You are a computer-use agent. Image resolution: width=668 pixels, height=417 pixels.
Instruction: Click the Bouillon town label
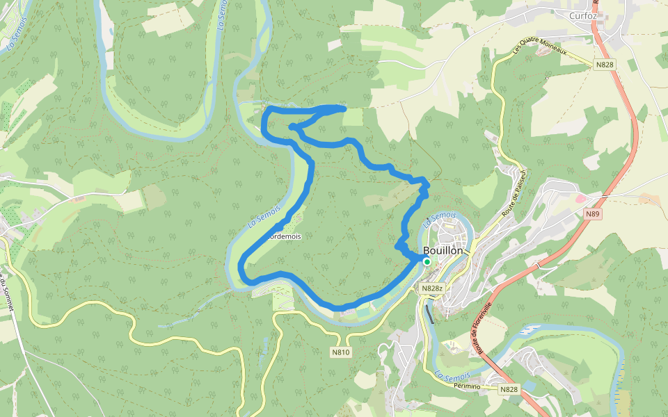(x=443, y=251)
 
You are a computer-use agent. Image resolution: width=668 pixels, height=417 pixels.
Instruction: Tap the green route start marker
(x=427, y=262)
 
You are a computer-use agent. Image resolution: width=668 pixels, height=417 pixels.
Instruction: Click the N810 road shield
(x=341, y=352)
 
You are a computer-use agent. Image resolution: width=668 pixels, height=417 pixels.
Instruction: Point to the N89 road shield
(x=592, y=214)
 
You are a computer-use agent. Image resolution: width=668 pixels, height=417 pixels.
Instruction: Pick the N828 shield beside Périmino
(x=509, y=390)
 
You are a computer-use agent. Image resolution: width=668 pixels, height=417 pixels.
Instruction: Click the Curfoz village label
(x=584, y=15)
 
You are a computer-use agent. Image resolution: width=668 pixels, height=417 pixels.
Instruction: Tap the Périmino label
(x=466, y=385)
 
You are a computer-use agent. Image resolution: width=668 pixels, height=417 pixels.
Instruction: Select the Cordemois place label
(x=285, y=236)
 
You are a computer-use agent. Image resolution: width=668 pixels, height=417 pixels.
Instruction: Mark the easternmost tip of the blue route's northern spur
(x=344, y=107)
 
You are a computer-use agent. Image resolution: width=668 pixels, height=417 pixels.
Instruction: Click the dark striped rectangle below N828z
(x=431, y=314)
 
